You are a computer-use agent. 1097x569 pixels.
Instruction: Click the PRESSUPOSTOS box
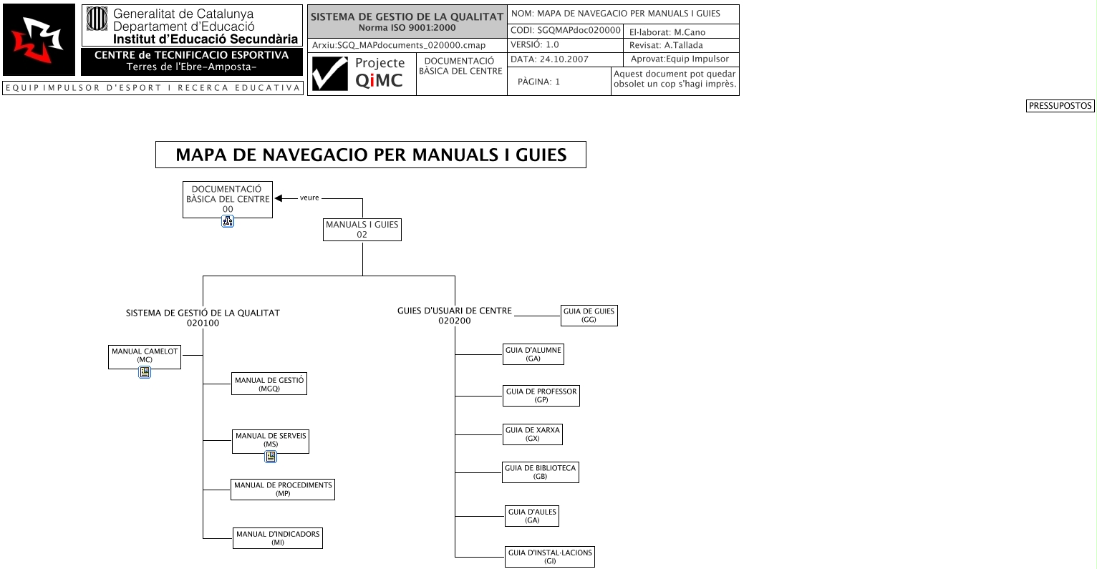(x=1060, y=106)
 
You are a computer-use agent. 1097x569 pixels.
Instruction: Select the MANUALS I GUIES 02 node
(x=362, y=230)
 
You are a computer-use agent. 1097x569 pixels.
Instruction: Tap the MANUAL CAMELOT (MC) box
(x=145, y=356)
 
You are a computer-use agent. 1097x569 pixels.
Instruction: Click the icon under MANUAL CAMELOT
(x=145, y=372)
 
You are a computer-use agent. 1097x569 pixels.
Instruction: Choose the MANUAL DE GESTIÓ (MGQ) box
(x=269, y=384)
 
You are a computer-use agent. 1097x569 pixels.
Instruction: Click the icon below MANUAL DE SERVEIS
(x=271, y=456)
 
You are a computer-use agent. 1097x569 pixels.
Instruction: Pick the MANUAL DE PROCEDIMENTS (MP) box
(x=283, y=490)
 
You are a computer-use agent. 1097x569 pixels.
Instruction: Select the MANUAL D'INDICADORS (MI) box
(x=278, y=538)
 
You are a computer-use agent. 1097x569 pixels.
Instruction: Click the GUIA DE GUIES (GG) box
(x=589, y=316)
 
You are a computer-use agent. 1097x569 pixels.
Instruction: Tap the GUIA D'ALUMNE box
(x=533, y=354)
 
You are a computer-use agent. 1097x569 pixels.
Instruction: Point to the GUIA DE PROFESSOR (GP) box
(x=541, y=396)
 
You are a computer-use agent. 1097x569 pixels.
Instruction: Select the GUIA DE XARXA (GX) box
(x=532, y=434)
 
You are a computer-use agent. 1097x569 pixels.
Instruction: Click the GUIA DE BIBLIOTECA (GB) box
(x=540, y=472)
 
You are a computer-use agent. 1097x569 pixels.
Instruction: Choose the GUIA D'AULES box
(x=531, y=516)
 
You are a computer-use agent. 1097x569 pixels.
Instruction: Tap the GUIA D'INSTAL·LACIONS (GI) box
(x=549, y=557)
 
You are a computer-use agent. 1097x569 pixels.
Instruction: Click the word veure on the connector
(x=309, y=198)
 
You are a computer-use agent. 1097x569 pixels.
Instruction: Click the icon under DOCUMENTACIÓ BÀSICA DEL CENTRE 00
(x=228, y=221)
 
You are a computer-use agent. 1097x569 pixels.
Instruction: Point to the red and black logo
(x=39, y=40)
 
